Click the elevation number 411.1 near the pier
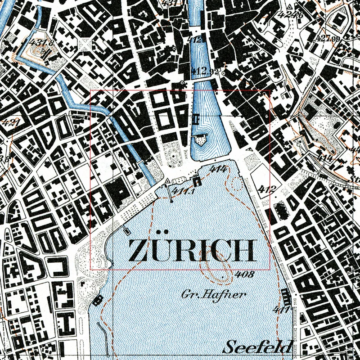183,192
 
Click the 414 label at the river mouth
217,169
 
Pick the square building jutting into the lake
197,181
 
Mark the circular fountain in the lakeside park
173,156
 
